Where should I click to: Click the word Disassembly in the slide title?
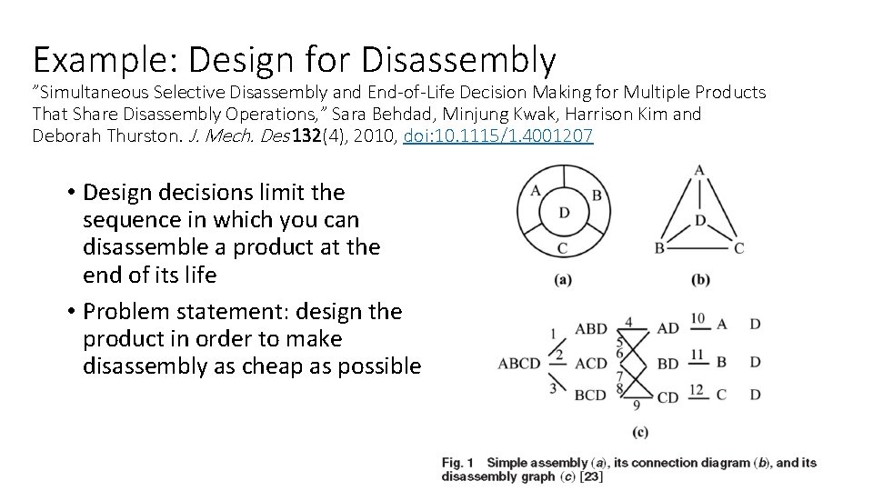point(457,59)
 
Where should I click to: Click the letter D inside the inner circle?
point(564,212)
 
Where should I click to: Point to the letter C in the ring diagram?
point(563,247)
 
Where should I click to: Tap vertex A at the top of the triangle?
point(698,170)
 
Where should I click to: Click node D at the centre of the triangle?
point(699,221)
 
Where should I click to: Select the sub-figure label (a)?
point(564,279)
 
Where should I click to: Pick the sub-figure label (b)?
point(700,279)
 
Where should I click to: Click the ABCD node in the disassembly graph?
point(520,364)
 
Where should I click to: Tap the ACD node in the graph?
point(591,364)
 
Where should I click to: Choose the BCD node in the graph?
point(591,396)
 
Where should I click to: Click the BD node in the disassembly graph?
point(667,364)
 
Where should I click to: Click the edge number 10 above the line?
point(697,317)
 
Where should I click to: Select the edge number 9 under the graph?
point(637,405)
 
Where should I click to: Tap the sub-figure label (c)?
point(638,430)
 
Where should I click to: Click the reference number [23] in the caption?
point(591,476)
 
